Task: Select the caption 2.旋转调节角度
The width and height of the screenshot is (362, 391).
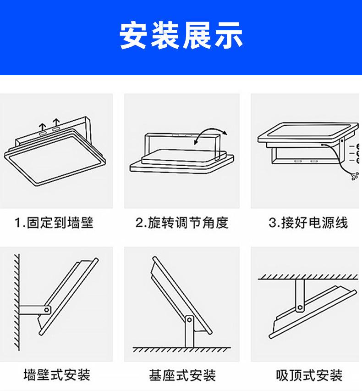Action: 182,223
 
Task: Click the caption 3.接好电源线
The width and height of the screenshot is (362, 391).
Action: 308,223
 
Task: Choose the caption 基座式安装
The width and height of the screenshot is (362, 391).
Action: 182,375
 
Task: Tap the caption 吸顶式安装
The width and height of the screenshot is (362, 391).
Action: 309,375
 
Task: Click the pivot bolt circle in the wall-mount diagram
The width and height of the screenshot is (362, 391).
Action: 46,308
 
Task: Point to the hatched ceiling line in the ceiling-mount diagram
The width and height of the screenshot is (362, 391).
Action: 308,276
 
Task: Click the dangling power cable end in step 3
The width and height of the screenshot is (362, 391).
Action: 354,177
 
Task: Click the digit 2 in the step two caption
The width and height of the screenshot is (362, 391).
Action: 139,223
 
